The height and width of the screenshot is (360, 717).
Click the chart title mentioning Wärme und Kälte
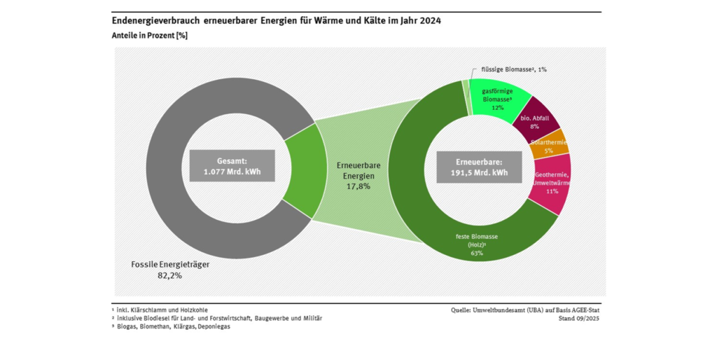click(x=276, y=21)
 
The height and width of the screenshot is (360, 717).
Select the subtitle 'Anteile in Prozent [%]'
click(x=149, y=35)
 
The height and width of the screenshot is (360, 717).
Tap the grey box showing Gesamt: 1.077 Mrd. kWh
click(x=231, y=165)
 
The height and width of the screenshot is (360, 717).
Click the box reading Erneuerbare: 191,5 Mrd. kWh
click(x=479, y=167)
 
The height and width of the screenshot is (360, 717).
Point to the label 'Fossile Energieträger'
click(x=170, y=265)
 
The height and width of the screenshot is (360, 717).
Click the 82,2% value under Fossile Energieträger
click(x=169, y=276)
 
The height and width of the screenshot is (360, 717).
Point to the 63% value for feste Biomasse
click(x=477, y=253)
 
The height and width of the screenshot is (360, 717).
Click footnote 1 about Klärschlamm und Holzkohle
click(x=160, y=310)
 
